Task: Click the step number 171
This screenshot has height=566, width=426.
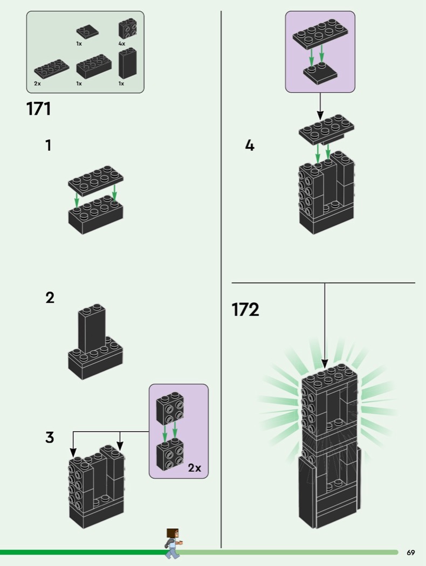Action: (x=39, y=109)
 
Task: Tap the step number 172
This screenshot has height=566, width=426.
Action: (x=245, y=310)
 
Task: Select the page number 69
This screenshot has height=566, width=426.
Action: (x=410, y=553)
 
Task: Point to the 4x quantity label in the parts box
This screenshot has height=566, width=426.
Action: (x=122, y=44)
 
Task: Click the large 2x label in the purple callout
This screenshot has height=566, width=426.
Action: (x=194, y=468)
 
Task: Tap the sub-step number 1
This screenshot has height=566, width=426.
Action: (x=48, y=146)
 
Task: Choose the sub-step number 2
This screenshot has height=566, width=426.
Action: (x=50, y=298)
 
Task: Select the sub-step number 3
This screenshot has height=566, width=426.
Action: (x=50, y=437)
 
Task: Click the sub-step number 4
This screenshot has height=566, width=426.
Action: (x=250, y=146)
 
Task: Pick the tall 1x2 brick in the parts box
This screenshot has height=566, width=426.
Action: (x=127, y=63)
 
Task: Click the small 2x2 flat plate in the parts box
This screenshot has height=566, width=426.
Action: (x=87, y=32)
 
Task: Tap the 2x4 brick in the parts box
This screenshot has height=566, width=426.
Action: (x=94, y=67)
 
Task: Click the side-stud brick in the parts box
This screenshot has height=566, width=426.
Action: (x=127, y=29)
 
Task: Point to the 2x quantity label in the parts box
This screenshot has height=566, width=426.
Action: (x=37, y=84)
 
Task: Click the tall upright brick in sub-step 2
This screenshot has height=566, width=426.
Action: (x=92, y=329)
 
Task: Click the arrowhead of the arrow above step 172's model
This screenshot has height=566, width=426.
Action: (x=325, y=364)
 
